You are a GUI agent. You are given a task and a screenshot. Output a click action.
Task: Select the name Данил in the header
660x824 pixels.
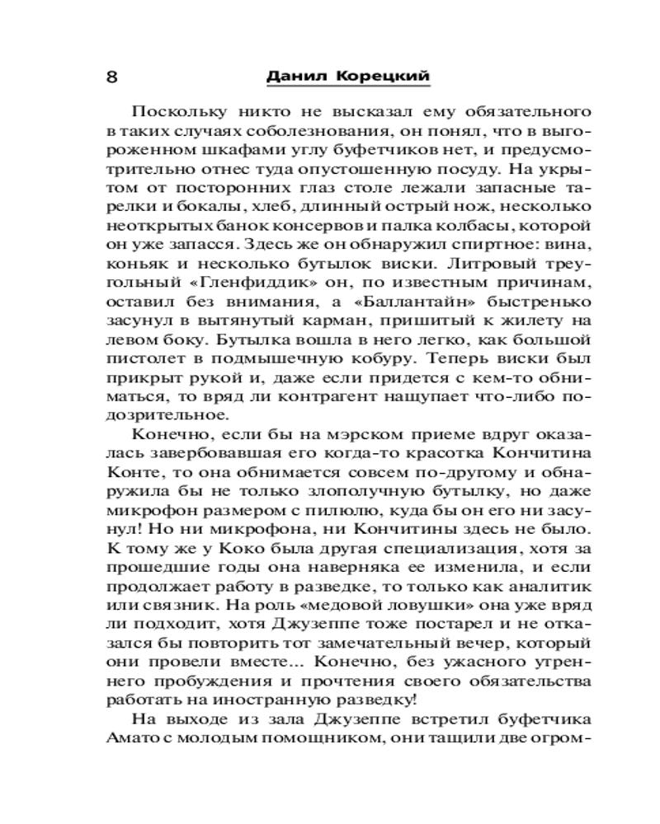tap(299, 76)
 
